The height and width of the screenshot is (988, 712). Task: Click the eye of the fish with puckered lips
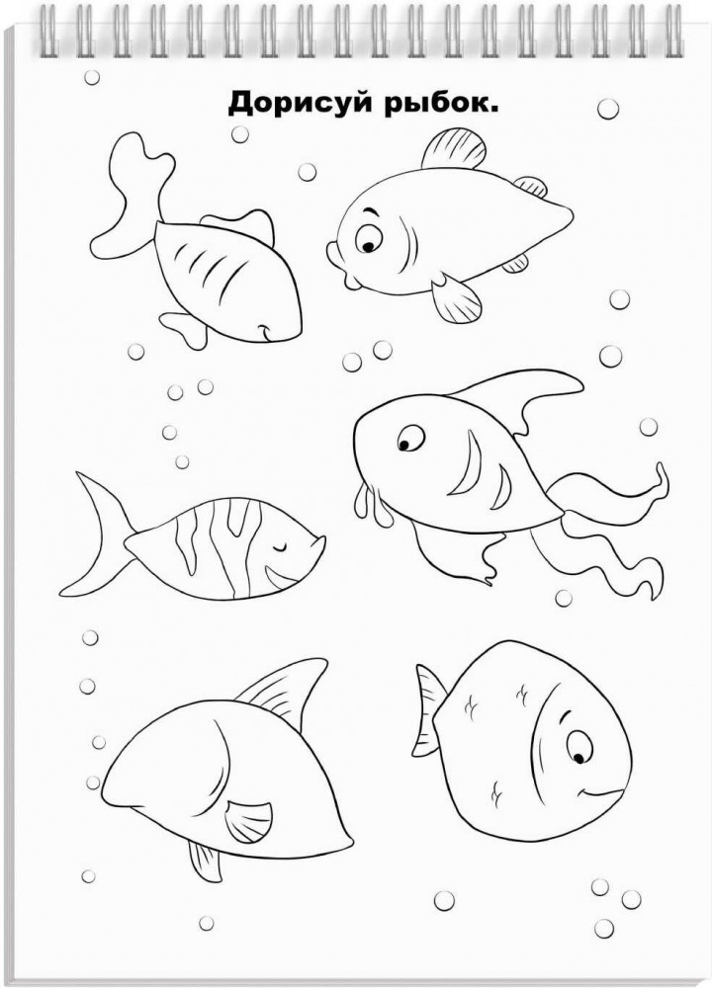tap(368, 238)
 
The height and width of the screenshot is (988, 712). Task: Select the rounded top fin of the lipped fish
tap(454, 149)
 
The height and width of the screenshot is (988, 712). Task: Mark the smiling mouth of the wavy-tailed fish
tap(267, 330)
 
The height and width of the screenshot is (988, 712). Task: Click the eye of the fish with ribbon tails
tap(410, 438)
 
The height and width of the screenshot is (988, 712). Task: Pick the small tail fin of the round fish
tap(429, 710)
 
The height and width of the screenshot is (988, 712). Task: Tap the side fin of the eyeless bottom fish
tap(248, 821)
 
